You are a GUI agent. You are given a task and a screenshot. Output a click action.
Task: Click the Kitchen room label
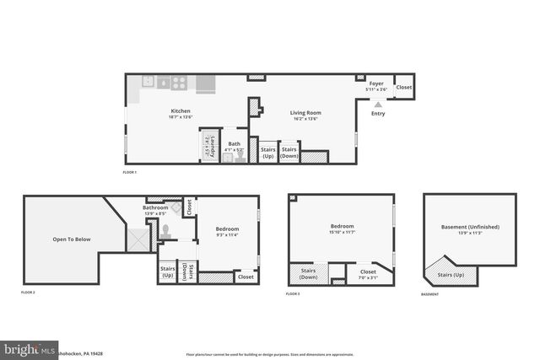click(181, 111)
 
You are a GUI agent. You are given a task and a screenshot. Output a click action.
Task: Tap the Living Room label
click(306, 113)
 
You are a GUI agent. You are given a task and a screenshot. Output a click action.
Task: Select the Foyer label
click(376, 84)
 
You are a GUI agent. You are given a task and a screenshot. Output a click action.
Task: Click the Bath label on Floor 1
click(234, 143)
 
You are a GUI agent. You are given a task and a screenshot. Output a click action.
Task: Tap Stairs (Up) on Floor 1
click(267, 153)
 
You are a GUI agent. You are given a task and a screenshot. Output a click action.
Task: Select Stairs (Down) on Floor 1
click(289, 153)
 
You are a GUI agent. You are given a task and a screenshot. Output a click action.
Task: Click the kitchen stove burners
click(179, 83)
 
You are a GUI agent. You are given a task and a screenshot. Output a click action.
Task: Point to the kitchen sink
click(148, 83)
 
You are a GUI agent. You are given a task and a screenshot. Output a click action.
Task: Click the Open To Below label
click(72, 239)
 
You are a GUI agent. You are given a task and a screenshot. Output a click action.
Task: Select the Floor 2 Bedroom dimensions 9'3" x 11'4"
click(225, 235)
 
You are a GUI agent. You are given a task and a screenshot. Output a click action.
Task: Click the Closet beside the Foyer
click(404, 88)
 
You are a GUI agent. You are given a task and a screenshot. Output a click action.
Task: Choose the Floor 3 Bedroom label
click(342, 226)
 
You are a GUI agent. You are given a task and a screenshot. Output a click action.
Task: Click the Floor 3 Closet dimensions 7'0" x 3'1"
click(368, 277)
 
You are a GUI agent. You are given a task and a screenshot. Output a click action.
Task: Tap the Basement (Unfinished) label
click(470, 227)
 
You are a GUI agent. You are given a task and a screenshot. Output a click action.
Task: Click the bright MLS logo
click(29, 348)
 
